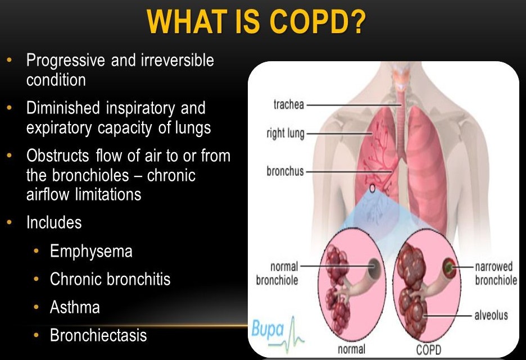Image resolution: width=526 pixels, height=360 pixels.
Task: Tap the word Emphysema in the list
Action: (x=91, y=250)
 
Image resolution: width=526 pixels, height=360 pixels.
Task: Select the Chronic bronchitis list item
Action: (x=110, y=279)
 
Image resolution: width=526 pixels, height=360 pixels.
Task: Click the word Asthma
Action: (x=75, y=307)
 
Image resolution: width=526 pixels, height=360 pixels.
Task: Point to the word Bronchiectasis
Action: (x=98, y=335)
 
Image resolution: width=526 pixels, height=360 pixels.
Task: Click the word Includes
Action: (x=54, y=222)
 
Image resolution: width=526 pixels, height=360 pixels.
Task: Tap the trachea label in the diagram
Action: (x=288, y=104)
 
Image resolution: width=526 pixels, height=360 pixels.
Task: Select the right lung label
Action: (x=285, y=134)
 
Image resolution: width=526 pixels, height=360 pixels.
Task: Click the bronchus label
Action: (x=284, y=171)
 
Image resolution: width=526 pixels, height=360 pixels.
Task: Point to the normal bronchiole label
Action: (x=276, y=274)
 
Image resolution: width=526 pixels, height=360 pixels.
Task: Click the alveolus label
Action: (x=491, y=315)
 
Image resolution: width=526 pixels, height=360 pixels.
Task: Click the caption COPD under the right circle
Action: (x=428, y=350)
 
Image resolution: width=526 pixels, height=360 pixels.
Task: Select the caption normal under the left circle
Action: (x=352, y=350)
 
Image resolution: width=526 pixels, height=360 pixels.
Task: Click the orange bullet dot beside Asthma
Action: (x=37, y=307)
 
